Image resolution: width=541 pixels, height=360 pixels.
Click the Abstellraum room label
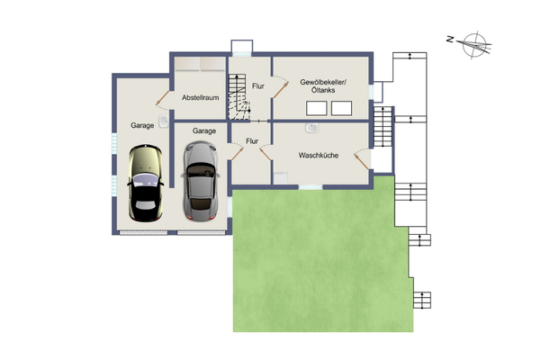(201, 97)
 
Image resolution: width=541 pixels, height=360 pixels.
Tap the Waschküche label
(318, 155)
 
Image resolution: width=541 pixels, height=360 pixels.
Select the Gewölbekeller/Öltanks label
(323, 86)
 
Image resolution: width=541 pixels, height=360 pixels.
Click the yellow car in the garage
(145, 183)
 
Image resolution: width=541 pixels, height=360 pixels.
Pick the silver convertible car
(201, 181)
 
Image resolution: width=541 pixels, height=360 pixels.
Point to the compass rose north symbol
(474, 45)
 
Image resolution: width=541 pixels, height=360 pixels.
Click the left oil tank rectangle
(316, 108)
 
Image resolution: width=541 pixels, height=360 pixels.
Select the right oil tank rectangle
(341, 108)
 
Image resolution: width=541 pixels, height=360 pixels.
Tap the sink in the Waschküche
(311, 129)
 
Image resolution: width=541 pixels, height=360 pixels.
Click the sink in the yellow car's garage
(163, 121)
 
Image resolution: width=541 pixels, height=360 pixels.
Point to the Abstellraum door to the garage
(163, 97)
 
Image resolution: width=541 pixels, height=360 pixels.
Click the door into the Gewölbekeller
(280, 90)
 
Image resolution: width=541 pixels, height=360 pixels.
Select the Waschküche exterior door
(361, 162)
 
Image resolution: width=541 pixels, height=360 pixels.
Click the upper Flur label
(258, 86)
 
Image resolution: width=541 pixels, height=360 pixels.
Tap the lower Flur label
(252, 141)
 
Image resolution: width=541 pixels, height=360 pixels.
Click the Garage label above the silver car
(204, 131)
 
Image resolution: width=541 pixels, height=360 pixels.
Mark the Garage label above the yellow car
(142, 125)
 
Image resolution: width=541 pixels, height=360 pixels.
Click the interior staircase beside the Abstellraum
(239, 97)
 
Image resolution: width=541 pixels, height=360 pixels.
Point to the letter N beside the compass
(450, 39)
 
